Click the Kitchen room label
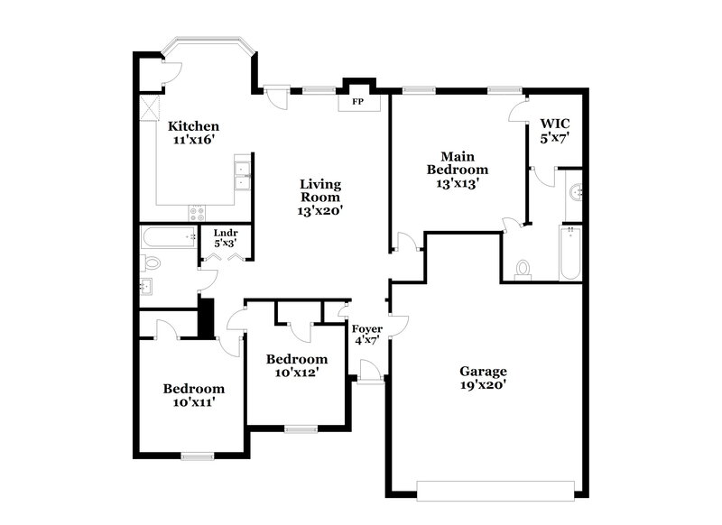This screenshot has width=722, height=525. (193, 126)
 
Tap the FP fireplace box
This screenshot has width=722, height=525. (357, 102)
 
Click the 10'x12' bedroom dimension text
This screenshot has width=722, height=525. (293, 372)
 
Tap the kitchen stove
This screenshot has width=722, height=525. (198, 213)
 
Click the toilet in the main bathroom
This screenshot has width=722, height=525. (523, 269)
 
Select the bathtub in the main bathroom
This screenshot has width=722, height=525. (569, 253)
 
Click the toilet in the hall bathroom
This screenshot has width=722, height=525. (151, 264)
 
